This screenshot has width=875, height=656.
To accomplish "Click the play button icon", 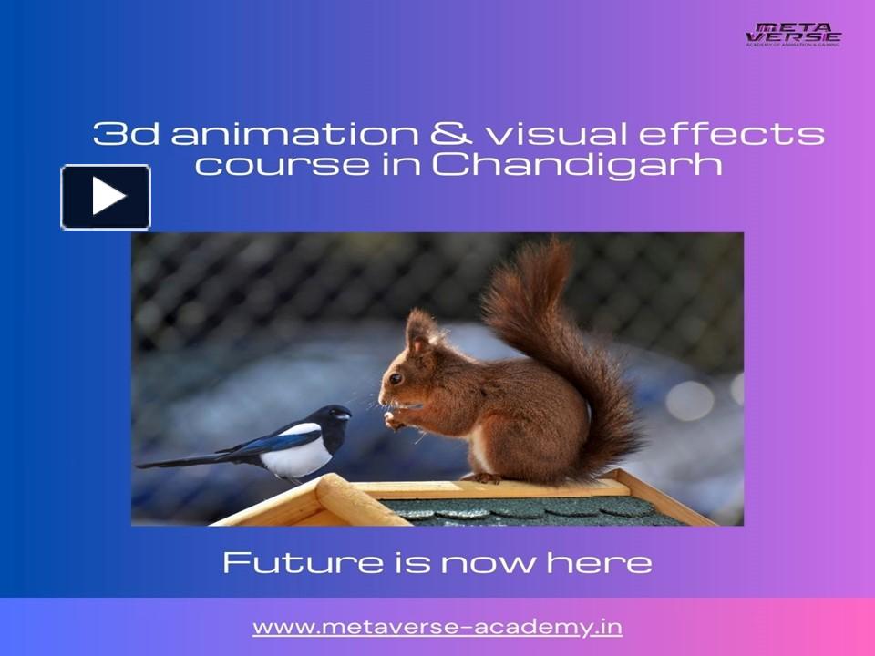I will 106,197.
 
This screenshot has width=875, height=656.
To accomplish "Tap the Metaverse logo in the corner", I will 793,34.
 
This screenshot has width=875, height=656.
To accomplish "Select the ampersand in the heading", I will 450,134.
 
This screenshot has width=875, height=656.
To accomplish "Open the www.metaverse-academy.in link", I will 437,627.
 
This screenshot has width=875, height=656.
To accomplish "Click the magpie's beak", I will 344,415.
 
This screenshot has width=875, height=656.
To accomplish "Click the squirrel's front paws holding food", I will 394,420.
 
